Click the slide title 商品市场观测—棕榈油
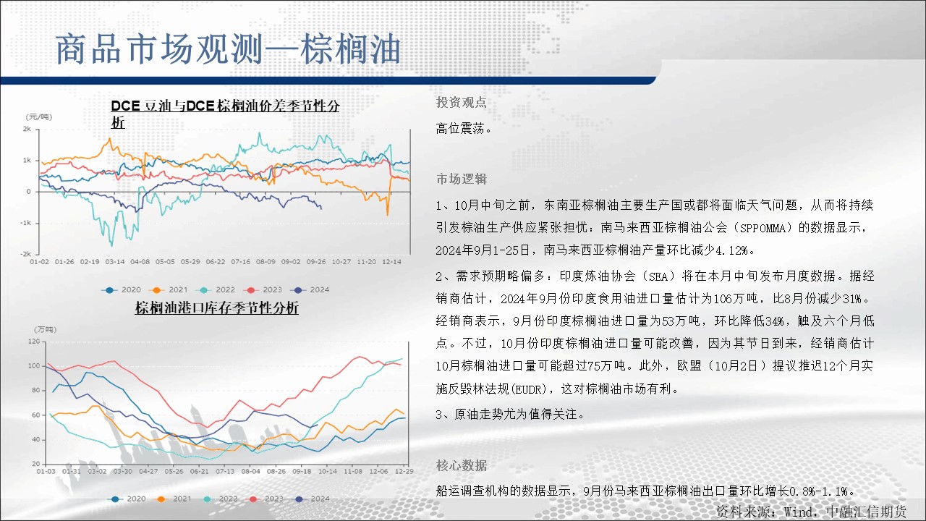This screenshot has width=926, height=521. tap(228, 49)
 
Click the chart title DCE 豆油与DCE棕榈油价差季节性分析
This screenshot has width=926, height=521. tap(225, 114)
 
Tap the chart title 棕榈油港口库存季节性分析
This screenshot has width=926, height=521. tap(216, 308)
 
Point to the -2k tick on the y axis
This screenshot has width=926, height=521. tap(25, 254)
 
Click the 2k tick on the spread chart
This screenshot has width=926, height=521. tap(27, 129)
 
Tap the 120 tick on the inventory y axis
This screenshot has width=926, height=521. tap(34, 342)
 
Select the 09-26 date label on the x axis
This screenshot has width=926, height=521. tap(316, 262)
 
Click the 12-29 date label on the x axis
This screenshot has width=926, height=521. tap(404, 471)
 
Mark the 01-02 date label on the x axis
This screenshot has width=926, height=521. tap(39, 262)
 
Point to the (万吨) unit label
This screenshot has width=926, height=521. tap(45, 329)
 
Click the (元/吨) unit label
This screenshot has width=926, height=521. tap(39, 117)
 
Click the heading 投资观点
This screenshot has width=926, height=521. tap(462, 102)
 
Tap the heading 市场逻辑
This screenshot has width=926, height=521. tap(462, 179)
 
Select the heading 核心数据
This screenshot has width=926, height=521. tap(462, 465)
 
